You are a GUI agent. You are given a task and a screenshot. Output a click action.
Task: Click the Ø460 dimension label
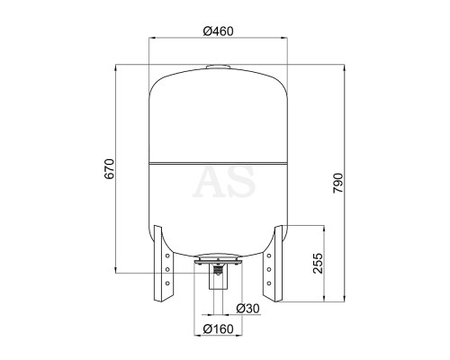pyautogui.click(x=218, y=31)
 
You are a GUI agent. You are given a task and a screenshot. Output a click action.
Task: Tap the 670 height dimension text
pyautogui.click(x=109, y=169)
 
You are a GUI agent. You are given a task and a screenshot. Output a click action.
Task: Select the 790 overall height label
pyautogui.click(x=337, y=183)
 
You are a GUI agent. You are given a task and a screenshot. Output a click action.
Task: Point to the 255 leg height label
pyautogui.click(x=318, y=264)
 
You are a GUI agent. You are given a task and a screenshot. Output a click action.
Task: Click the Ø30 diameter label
pyautogui.click(x=247, y=309)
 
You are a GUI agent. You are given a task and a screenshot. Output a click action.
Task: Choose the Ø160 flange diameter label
pyautogui.click(x=218, y=328)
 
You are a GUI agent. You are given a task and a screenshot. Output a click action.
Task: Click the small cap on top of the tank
pyautogui.click(x=219, y=67)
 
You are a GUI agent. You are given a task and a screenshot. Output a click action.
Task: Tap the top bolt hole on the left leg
pyautogui.click(x=167, y=256)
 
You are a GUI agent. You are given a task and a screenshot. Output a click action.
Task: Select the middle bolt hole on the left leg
pyautogui.click(x=167, y=269)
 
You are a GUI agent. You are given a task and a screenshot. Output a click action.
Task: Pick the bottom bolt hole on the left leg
pyautogui.click(x=167, y=283)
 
